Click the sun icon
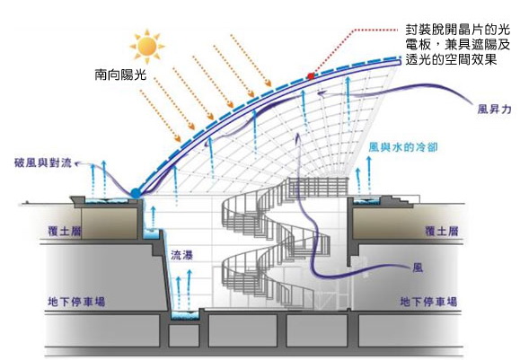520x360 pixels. [147, 46]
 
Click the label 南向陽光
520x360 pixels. [120, 75]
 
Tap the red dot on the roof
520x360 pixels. [311, 76]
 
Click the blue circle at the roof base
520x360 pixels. [136, 193]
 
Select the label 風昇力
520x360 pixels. [494, 109]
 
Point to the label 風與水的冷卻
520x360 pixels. [403, 147]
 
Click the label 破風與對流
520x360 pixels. [43, 162]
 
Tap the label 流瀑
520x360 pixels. [181, 255]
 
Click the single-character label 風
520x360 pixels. [418, 268]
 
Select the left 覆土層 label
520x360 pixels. [65, 231]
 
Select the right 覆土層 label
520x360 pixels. [441, 231]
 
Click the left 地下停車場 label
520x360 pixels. [76, 302]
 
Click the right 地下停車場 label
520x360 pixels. [428, 302]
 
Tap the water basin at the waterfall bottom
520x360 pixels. [185, 315]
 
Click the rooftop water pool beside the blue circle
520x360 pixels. [107, 200]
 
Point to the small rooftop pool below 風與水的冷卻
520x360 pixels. [366, 200]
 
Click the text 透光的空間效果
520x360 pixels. [451, 59]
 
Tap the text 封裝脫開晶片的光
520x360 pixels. [457, 30]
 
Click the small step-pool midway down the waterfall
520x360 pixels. [151, 233]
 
